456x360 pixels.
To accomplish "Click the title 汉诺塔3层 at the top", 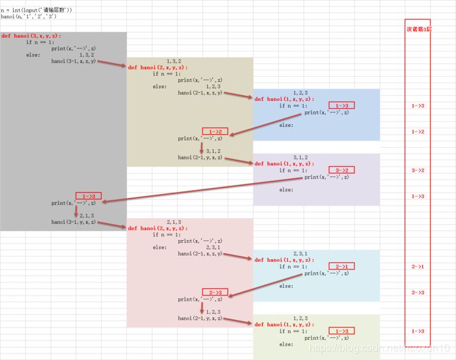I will point(418,30).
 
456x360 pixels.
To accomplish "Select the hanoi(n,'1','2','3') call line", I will point(29,16).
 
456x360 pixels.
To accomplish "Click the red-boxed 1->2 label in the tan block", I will point(216,132).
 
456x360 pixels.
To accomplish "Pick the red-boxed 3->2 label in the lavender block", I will point(342,170).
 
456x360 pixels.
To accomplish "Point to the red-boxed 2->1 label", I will point(342,266).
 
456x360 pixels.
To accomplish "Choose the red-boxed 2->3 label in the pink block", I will point(216,292).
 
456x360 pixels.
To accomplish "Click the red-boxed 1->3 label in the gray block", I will point(89,196).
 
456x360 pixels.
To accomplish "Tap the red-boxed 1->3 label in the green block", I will point(342,331).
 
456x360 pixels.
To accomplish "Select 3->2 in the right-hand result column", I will point(418,170).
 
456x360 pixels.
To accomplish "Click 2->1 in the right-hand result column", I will point(418,267).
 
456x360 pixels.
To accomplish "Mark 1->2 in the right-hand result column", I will point(418,132).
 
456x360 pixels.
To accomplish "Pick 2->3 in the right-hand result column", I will point(418,292).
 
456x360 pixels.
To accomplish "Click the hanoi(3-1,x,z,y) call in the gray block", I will point(74,61).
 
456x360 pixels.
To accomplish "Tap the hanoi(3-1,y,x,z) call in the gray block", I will point(74,222).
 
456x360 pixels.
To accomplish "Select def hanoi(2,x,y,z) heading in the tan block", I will point(158,67).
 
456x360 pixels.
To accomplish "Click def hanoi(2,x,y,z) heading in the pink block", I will point(158,228).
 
